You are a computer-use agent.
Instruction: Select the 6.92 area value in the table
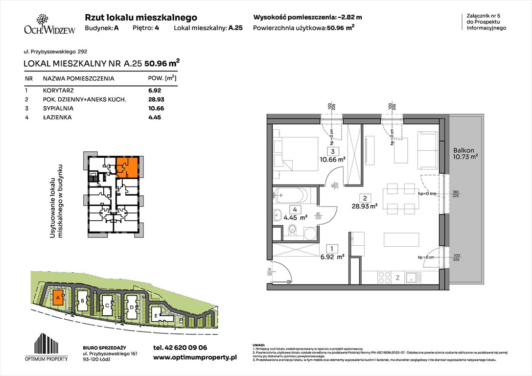coord(155,91)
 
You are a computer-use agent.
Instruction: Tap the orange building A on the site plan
coord(58,297)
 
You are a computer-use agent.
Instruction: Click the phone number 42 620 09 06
coord(180,348)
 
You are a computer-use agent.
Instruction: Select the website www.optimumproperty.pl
coord(195,358)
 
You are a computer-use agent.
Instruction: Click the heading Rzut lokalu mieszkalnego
coord(141,17)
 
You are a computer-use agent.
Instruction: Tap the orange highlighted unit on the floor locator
coord(126,166)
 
